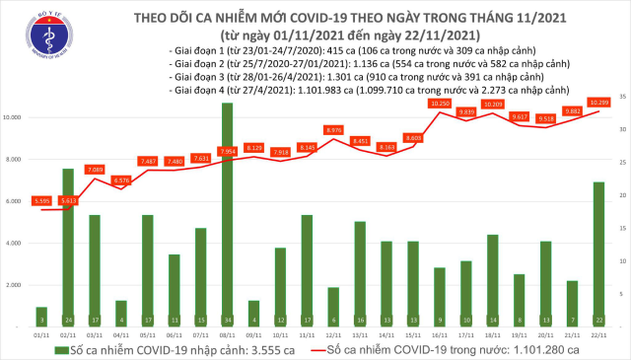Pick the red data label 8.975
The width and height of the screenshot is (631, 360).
(333, 129)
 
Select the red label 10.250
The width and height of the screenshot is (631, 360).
(440, 103)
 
